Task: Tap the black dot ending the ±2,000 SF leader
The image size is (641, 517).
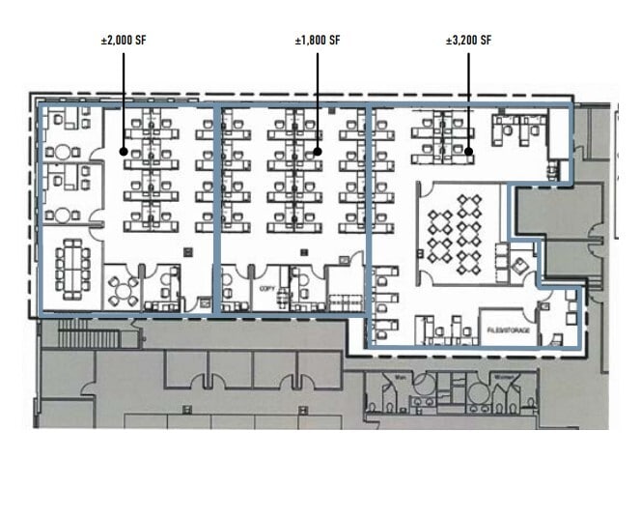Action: pos(124,151)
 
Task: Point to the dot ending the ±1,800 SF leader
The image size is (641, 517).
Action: pos(318,151)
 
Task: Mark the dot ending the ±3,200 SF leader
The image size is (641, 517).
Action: pos(468,151)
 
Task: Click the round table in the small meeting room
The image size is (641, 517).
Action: pos(123,289)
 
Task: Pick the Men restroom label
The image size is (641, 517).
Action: pos(400,377)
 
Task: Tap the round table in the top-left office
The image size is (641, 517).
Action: pos(64,152)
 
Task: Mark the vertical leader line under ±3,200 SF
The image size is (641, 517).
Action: pos(468,97)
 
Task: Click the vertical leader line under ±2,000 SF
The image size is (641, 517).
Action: pos(124,97)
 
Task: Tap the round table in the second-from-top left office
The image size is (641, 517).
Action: pos(64,214)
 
